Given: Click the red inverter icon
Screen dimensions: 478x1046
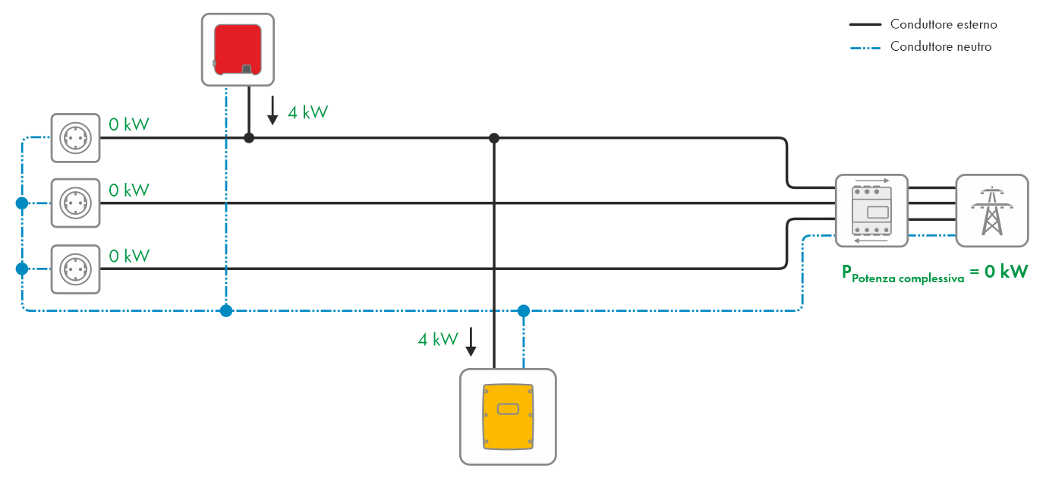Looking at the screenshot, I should point(238,49).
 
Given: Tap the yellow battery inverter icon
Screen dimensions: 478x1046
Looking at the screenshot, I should point(508,416).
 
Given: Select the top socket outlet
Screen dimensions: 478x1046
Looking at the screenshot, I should point(75,138).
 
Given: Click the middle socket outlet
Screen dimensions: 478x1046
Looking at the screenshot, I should point(75,203).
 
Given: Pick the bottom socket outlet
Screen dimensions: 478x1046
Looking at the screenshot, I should point(75,269).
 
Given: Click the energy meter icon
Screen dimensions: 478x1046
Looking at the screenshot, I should point(871,211).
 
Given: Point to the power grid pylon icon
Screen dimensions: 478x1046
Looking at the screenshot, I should point(991,211).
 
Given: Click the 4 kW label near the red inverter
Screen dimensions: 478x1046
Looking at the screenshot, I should point(307,113).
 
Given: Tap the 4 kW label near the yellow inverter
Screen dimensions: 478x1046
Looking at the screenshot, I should point(437,339).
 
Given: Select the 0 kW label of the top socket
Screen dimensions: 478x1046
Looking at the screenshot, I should point(129,124).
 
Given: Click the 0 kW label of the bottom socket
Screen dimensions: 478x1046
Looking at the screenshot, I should point(129,256).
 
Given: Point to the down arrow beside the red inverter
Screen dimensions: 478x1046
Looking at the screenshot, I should point(273,111).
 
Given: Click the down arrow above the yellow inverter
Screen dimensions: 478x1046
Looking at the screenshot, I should point(471,342).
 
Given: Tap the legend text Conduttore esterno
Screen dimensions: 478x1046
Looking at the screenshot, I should point(944,24).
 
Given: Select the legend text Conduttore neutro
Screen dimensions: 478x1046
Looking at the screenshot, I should point(940,47).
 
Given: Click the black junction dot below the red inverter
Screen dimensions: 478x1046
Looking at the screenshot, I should point(248,138).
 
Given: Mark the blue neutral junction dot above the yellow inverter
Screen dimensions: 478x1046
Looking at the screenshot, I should point(523,310).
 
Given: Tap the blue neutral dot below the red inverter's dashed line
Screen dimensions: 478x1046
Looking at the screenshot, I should point(226,310).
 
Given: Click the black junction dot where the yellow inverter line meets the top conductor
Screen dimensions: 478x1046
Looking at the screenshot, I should point(494,138).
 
